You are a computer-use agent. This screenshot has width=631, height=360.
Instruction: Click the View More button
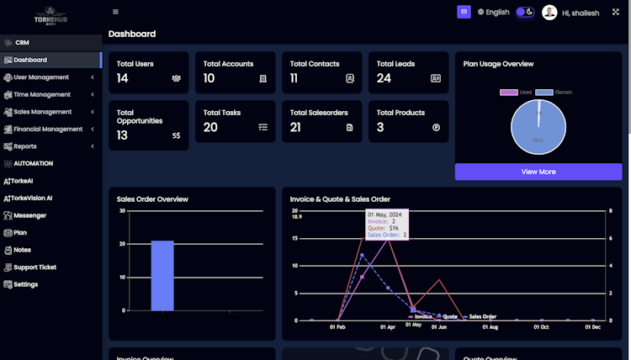(x=538, y=172)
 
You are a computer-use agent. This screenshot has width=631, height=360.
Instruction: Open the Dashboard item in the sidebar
(x=30, y=60)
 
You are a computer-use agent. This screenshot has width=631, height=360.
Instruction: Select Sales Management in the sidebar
(x=43, y=112)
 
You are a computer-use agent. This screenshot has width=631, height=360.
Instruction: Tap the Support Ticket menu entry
(x=34, y=267)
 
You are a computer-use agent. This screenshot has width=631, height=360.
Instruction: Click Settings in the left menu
(x=25, y=284)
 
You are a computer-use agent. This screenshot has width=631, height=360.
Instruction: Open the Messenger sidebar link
(x=29, y=215)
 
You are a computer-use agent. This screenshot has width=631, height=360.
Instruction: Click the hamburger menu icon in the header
(x=115, y=12)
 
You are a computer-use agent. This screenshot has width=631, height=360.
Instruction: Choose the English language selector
(x=493, y=13)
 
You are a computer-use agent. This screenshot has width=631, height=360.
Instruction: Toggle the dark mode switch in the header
(x=525, y=12)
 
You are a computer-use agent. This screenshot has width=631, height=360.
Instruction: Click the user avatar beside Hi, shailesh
(x=549, y=13)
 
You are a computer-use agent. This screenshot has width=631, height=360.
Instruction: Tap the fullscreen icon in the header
(x=616, y=12)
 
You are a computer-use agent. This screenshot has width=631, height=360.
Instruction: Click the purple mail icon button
(x=464, y=12)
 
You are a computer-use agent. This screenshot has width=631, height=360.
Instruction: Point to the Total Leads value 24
(x=384, y=78)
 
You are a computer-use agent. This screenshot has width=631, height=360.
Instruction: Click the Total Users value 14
(x=123, y=78)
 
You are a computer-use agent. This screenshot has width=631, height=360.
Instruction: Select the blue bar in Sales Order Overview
(x=162, y=275)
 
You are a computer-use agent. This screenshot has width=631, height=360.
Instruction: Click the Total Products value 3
(x=380, y=127)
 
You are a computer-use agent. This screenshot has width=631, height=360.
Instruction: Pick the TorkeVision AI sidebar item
(x=32, y=199)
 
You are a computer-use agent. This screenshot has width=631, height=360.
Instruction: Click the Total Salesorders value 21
(x=295, y=127)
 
